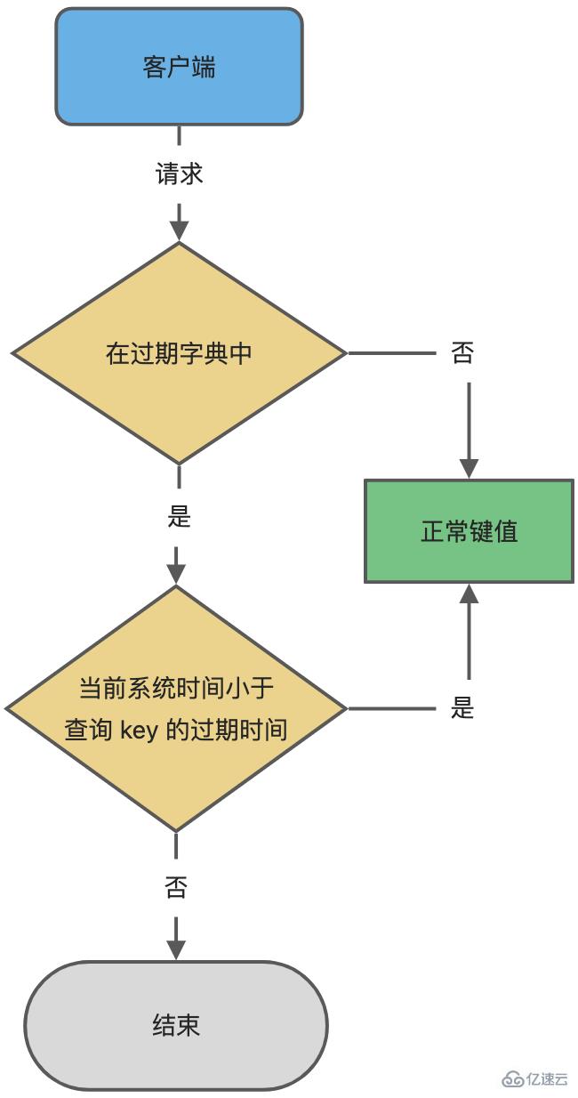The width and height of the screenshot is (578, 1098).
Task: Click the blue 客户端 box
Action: [179, 67]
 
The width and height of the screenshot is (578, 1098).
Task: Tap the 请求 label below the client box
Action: [180, 174]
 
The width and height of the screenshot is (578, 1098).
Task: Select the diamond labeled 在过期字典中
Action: [179, 353]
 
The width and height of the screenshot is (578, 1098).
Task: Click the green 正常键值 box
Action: [469, 532]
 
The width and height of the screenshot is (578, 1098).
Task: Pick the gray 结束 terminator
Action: [176, 1025]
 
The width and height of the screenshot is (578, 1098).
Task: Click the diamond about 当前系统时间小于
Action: [176, 709]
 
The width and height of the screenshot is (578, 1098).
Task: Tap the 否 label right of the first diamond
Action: [462, 353]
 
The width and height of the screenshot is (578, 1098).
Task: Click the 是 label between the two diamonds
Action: [180, 516]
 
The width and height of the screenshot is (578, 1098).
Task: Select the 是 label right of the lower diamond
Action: [462, 709]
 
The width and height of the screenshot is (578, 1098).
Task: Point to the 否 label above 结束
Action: [176, 887]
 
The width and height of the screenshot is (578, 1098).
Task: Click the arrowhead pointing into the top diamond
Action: [180, 230]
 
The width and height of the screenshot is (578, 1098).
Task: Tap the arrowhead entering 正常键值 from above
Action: [469, 469]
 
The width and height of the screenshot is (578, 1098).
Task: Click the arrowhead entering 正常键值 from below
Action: [469, 593]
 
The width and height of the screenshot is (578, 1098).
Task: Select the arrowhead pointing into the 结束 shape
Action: [176, 949]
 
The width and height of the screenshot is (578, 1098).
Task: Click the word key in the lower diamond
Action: [139, 731]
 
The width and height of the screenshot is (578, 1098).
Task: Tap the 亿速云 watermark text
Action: [547, 1078]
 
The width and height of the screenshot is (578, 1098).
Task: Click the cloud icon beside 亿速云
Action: [514, 1078]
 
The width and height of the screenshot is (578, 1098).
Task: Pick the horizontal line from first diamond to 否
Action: [391, 353]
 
